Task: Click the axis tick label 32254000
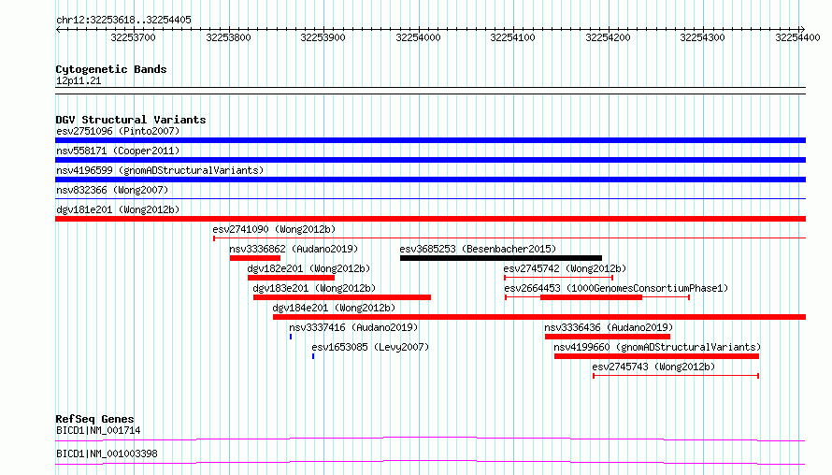click(x=418, y=37)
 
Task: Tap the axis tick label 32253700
click(x=133, y=37)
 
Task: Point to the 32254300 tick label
click(x=703, y=37)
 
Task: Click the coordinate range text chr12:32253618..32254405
click(x=123, y=21)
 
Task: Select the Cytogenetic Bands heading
click(x=111, y=69)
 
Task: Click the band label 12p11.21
click(x=79, y=80)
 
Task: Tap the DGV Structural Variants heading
click(x=131, y=120)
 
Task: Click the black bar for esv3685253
click(x=501, y=258)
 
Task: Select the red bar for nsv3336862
click(x=254, y=258)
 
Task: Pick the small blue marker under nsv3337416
click(x=291, y=337)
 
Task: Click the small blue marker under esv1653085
click(x=313, y=356)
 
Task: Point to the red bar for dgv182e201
click(x=291, y=278)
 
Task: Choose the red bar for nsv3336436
click(x=608, y=337)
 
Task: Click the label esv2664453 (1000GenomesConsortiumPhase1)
click(x=616, y=288)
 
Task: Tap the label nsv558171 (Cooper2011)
click(x=118, y=151)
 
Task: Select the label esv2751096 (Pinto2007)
click(x=118, y=131)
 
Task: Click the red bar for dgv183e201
click(x=342, y=297)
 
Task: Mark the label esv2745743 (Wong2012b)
click(x=653, y=367)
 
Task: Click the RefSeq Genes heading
click(x=94, y=419)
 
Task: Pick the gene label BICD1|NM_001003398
click(x=107, y=453)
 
